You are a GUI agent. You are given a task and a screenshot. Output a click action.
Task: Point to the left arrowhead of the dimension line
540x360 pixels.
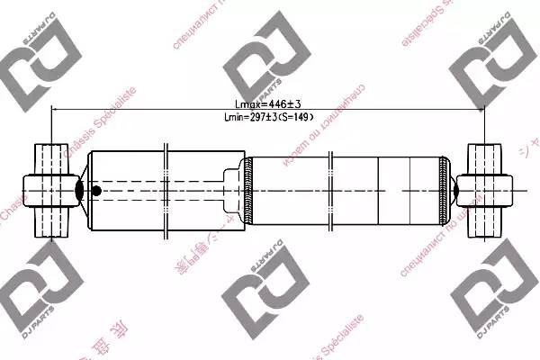[x=56, y=110]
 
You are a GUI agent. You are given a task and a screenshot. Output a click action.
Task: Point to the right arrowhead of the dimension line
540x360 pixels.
[x=482, y=110]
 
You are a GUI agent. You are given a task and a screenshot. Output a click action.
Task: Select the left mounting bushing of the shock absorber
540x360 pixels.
[x=50, y=190]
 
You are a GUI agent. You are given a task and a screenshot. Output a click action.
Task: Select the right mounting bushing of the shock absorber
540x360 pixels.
[x=485, y=190]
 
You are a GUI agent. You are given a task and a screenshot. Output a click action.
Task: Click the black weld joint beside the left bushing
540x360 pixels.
[x=79, y=190]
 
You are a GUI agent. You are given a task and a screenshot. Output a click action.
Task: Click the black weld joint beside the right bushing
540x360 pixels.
[x=455, y=190]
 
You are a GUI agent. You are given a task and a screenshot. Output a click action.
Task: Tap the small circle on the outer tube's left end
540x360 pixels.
[x=96, y=190]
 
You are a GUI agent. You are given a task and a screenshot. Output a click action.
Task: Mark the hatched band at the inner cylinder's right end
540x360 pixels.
[x=443, y=190]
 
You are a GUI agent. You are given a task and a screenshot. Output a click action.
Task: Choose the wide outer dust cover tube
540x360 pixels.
[x=162, y=190]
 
